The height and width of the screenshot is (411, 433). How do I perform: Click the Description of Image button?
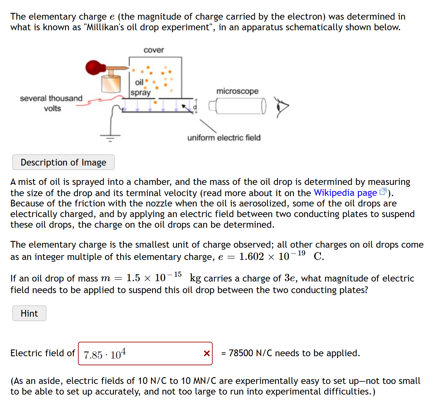tap(63, 162)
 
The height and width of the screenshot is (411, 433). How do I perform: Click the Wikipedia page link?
tap(345, 193)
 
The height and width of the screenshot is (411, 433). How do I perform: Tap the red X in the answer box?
tap(207, 354)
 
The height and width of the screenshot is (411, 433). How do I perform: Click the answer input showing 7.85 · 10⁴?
tap(142, 354)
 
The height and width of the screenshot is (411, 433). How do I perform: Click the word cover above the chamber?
tap(154, 50)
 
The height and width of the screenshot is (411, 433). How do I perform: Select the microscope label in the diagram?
tap(237, 91)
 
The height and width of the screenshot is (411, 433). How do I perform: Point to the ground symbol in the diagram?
tap(111, 138)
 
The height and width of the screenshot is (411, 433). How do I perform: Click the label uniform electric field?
tap(224, 138)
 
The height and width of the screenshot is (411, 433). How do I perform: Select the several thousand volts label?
tap(51, 103)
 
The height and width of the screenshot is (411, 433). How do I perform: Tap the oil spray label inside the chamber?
tap(140, 88)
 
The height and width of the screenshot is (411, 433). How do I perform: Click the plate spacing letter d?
tap(195, 107)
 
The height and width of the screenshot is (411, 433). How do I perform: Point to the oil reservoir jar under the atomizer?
tap(111, 84)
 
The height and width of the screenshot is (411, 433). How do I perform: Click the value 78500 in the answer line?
tap(241, 353)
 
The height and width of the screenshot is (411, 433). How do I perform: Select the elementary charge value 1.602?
tap(251, 257)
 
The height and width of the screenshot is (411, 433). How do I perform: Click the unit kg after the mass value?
tap(195, 278)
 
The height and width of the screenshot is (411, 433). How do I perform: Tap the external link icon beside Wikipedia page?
tap(383, 192)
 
